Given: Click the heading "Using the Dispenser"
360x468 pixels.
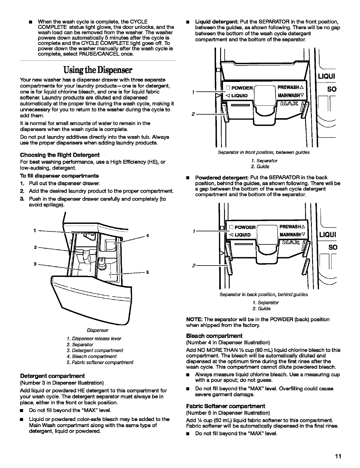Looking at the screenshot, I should click(97, 70).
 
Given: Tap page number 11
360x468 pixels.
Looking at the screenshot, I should click(337, 456).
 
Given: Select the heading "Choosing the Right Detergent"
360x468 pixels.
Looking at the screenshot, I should click(60, 155).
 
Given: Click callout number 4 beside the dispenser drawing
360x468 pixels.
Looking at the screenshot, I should click(147, 236).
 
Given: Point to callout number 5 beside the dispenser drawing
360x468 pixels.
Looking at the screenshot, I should click(147, 272).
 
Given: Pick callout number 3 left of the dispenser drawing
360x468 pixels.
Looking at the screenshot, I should click(35, 264).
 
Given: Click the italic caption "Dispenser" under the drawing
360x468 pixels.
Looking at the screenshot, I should click(98, 330).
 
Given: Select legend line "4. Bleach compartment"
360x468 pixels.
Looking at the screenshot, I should click(92, 356).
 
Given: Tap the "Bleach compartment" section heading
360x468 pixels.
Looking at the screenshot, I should click(214, 336).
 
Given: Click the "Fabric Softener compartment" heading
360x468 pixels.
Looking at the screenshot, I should click(226, 406).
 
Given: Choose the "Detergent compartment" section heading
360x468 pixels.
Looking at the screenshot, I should click(52, 376).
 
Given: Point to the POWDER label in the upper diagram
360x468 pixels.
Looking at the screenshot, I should click(242, 88).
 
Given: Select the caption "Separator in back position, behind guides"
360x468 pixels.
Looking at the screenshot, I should click(264, 294).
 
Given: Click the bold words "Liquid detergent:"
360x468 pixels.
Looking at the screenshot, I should click(217, 22).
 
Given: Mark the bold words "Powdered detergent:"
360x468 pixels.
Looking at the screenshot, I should click(222, 178).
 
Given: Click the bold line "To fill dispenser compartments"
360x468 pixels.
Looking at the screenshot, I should click(60, 176).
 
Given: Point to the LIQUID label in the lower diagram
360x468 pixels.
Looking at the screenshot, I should click(242, 235).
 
